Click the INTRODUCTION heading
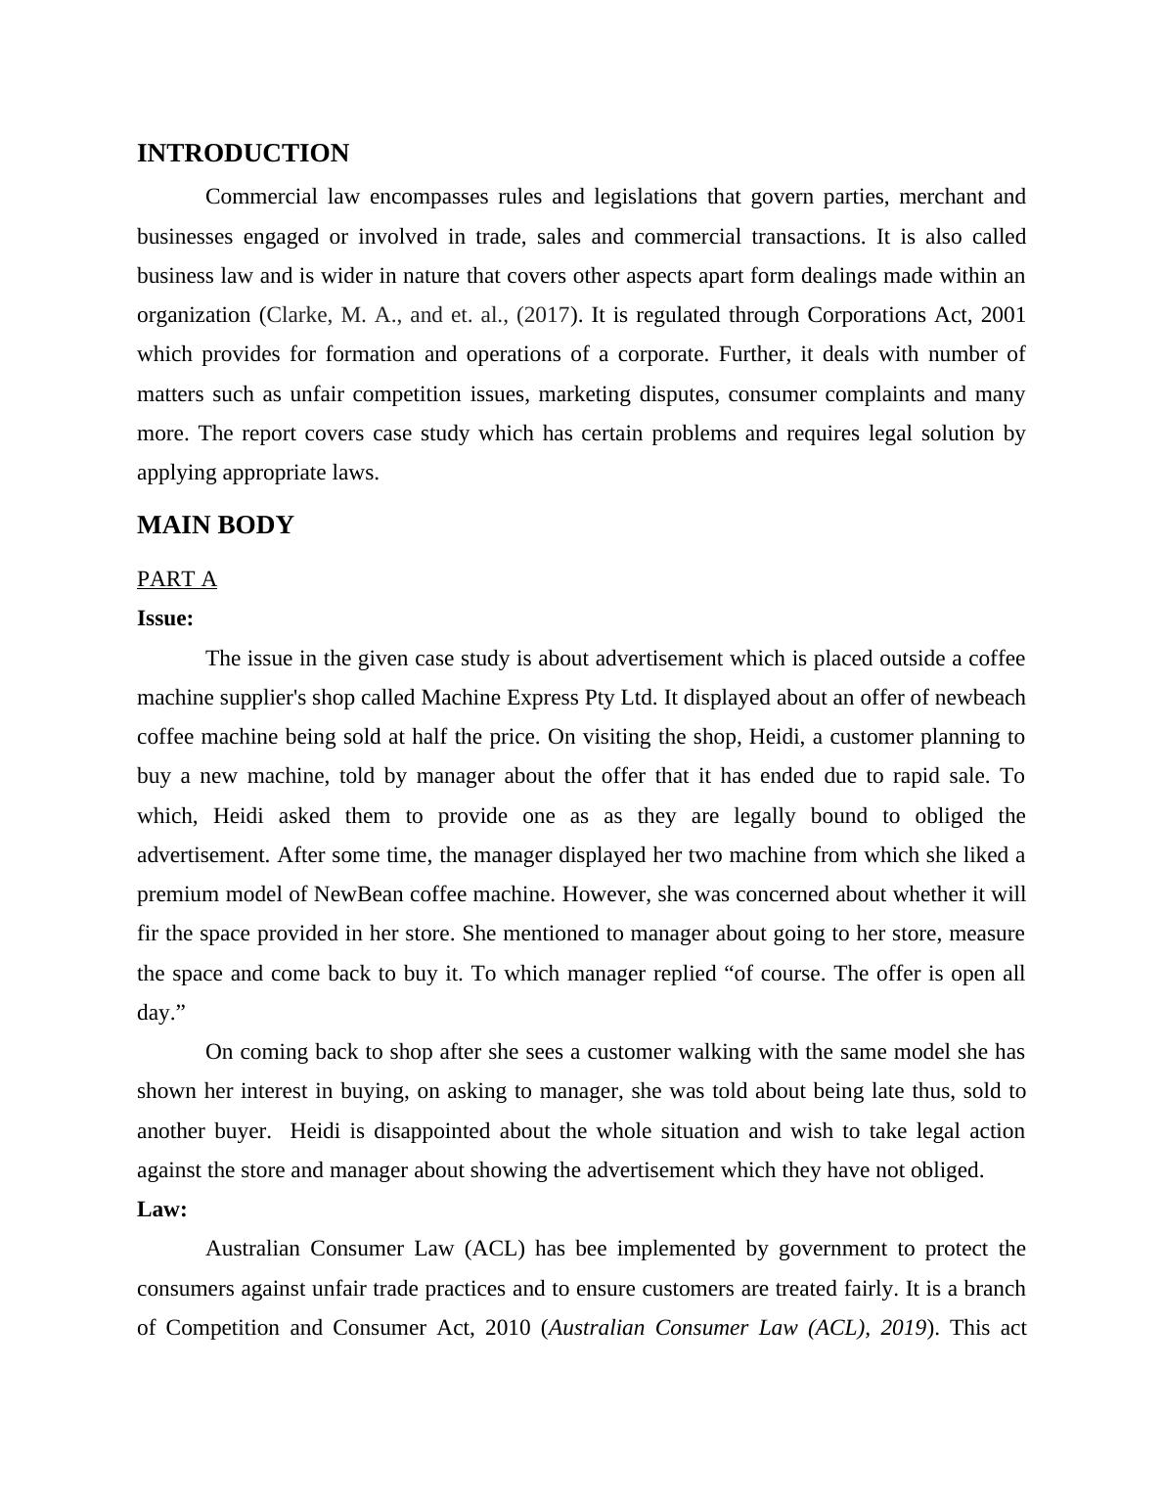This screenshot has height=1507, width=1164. (243, 154)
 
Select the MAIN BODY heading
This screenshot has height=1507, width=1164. (215, 525)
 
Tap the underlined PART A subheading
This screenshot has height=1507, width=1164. (177, 579)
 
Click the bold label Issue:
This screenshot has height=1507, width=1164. (165, 618)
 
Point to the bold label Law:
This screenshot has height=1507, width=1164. (162, 1210)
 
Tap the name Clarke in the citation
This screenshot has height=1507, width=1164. (298, 315)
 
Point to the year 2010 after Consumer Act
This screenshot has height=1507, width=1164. (508, 1328)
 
